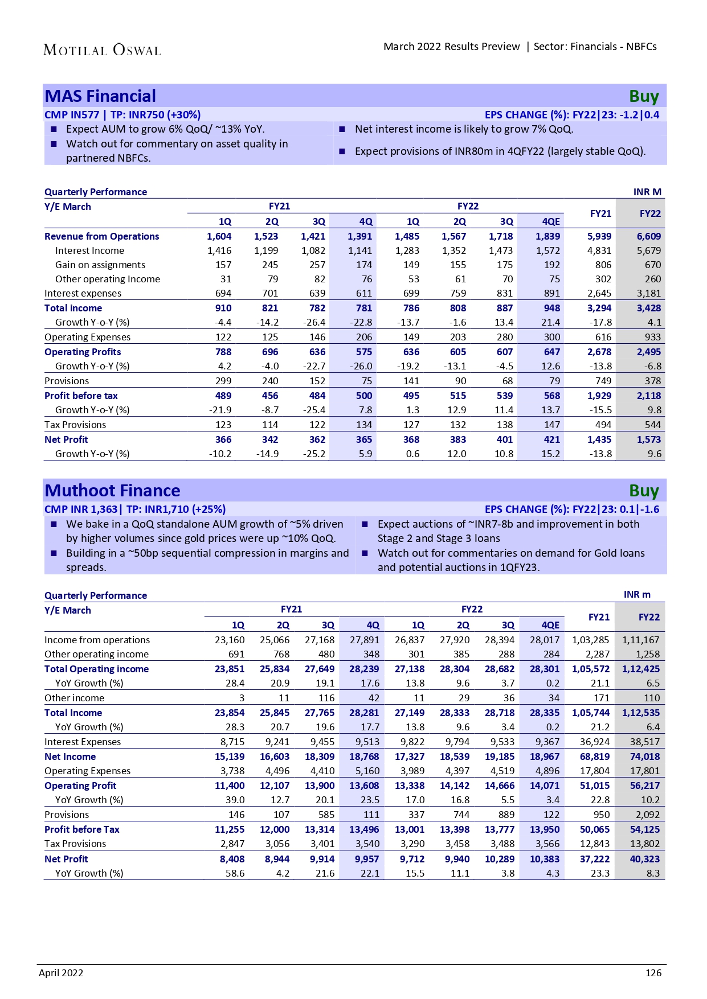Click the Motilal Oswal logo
(x=102, y=50)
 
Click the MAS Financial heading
(x=100, y=96)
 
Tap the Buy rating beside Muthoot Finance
(x=644, y=491)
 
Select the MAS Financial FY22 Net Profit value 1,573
(x=649, y=439)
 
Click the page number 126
(x=653, y=973)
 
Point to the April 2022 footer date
(x=61, y=973)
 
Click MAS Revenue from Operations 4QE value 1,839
(x=547, y=236)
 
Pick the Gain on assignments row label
(x=100, y=265)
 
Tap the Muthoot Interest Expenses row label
(x=83, y=742)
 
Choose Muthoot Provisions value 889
(x=506, y=815)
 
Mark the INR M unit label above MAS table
(x=647, y=192)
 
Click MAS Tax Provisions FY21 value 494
(x=603, y=425)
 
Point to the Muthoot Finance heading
(x=112, y=491)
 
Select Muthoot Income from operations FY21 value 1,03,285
(x=590, y=640)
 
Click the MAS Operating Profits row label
(x=83, y=352)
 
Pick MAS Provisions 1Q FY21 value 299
(x=223, y=381)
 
